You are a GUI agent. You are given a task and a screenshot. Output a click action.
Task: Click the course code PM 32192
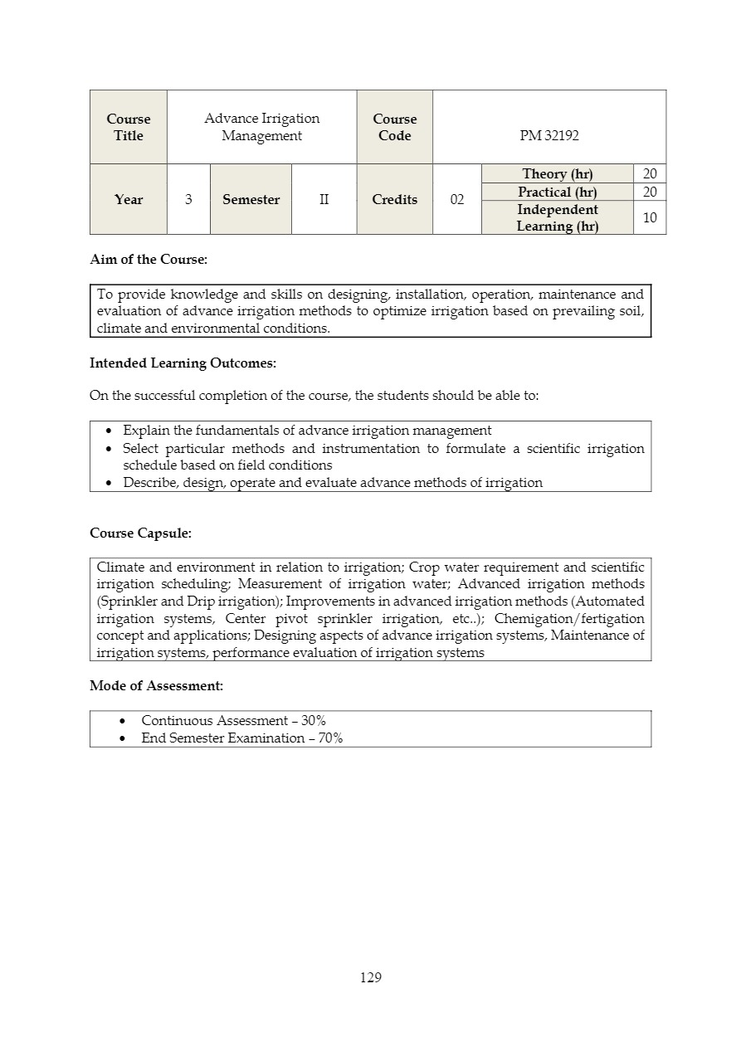(549, 136)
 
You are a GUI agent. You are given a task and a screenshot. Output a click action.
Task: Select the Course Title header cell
(129, 128)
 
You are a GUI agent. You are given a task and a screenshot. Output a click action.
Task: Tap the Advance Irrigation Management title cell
(261, 128)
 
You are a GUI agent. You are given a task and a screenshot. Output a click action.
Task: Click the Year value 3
(188, 200)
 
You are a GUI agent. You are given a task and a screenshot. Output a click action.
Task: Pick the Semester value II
(324, 200)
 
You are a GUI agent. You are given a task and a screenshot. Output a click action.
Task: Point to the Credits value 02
(456, 200)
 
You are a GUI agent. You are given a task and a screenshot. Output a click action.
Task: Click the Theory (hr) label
(557, 173)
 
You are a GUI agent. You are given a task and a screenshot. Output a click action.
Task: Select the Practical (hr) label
(557, 192)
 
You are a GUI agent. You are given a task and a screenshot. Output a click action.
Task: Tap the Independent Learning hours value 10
(650, 217)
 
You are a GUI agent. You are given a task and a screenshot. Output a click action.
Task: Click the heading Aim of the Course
(149, 260)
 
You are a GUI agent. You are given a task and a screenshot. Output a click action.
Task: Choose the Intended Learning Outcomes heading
(183, 363)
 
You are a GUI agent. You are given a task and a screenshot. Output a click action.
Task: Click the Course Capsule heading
(140, 533)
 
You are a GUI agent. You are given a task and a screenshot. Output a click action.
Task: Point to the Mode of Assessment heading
(156, 686)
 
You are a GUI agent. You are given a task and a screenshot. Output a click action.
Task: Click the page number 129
(371, 977)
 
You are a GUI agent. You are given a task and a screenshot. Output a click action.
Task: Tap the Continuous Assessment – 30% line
(233, 721)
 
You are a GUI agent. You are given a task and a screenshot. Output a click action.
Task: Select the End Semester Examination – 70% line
(241, 738)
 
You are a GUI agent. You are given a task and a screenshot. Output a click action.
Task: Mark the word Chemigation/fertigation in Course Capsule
(569, 619)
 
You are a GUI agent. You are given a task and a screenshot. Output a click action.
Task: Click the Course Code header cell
(394, 128)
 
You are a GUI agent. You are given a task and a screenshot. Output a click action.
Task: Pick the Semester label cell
(251, 200)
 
